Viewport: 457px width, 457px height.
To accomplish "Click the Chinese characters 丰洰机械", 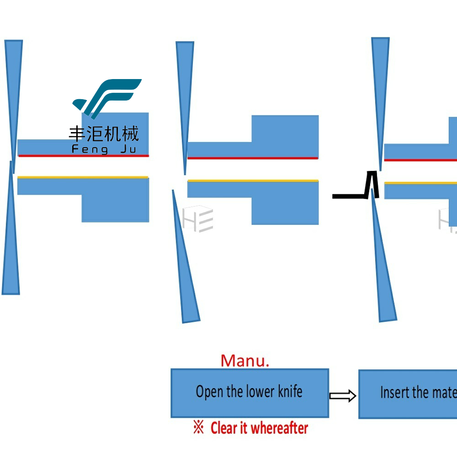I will point(104,134).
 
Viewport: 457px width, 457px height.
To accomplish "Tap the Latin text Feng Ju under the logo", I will point(104,149).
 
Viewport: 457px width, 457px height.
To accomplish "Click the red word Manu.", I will point(245,361).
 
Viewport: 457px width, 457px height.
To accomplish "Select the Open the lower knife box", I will point(250,393).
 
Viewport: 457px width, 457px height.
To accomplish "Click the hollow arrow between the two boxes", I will point(343,396).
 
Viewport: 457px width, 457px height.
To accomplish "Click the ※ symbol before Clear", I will point(198,428).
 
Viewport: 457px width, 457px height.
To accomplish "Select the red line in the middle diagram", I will point(252,158).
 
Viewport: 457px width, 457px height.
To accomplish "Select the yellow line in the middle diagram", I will point(252,181).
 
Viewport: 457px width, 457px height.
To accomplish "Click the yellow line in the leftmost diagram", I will point(82,177).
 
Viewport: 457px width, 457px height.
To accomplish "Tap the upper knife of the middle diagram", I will point(185,91).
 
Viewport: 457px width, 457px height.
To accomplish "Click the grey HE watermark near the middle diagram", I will point(198,219).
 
